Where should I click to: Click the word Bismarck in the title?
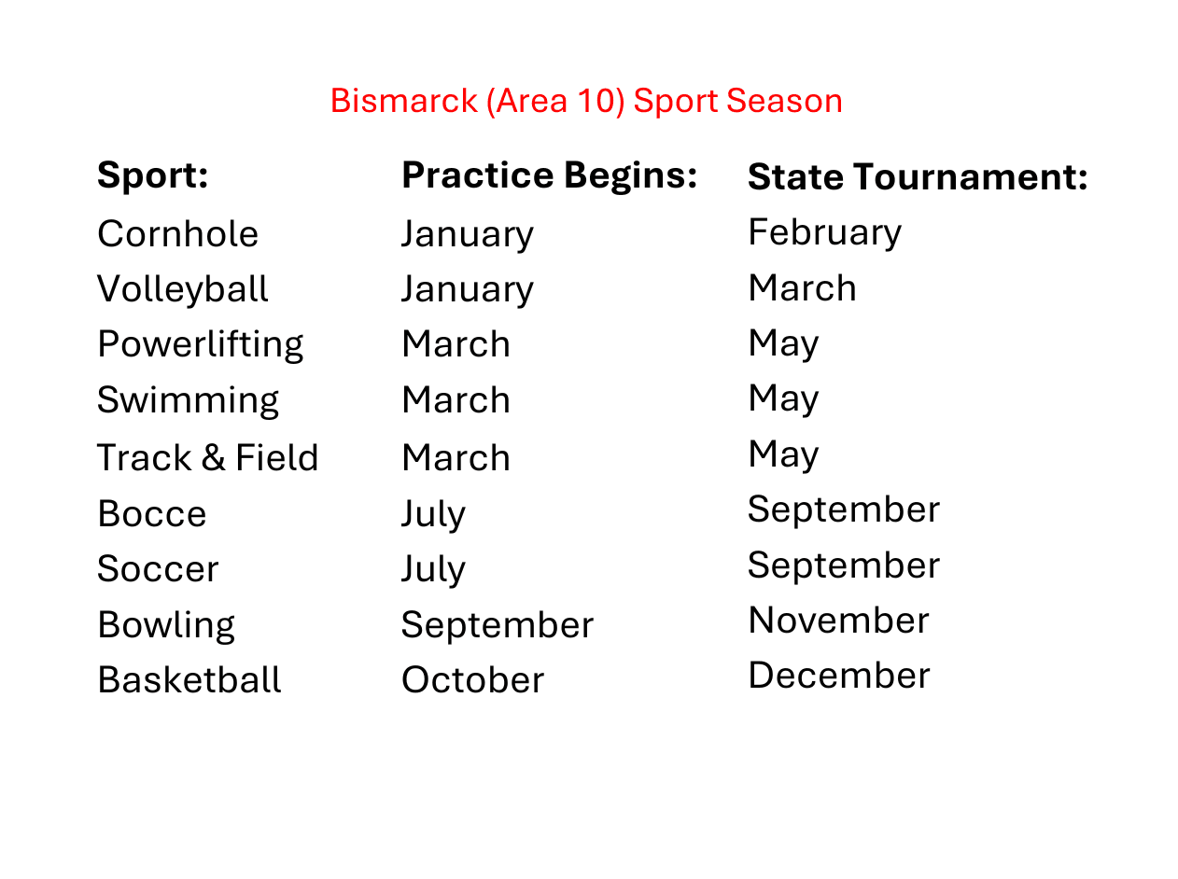pyautogui.click(x=403, y=100)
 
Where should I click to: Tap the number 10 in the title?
pyautogui.click(x=596, y=100)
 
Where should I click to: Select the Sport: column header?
pyautogui.click(x=152, y=175)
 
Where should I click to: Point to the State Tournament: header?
pyautogui.click(x=918, y=177)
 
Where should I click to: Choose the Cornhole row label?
pyautogui.click(x=177, y=234)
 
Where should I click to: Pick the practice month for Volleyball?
pyautogui.click(x=468, y=290)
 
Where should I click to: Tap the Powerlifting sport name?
pyautogui.click(x=200, y=345)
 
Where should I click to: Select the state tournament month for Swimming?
pyautogui.click(x=783, y=398)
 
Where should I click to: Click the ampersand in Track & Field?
pyautogui.click(x=214, y=457)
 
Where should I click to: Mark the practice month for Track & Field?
pyautogui.click(x=456, y=457)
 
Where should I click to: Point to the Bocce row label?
pyautogui.click(x=152, y=514)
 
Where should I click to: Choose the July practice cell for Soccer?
pyautogui.click(x=434, y=570)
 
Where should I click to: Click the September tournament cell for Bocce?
pyautogui.click(x=843, y=510)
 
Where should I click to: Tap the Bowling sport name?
pyautogui.click(x=166, y=626)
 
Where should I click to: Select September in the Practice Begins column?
pyautogui.click(x=497, y=626)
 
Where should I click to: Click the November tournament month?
pyautogui.click(x=838, y=621)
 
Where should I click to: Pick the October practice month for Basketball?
pyautogui.click(x=473, y=680)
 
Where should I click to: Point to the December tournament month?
pyautogui.click(x=839, y=676)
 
